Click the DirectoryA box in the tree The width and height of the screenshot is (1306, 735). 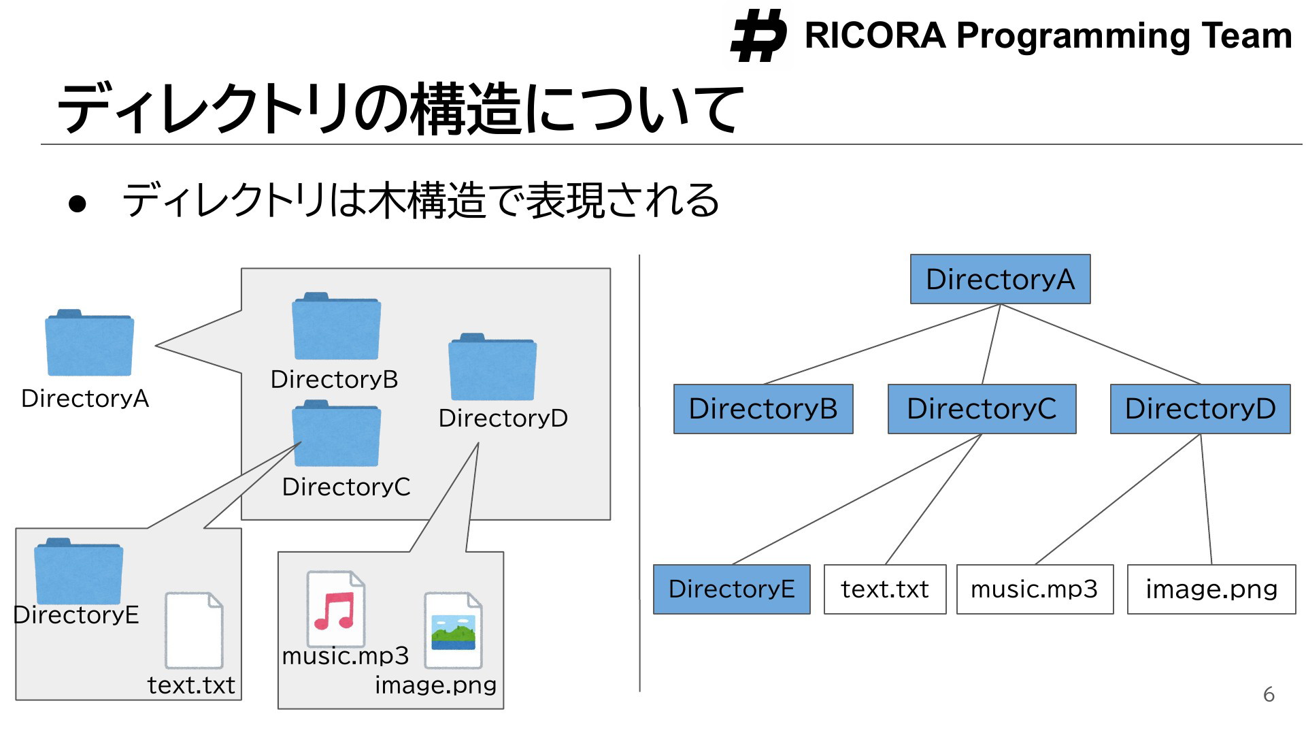(x=1000, y=279)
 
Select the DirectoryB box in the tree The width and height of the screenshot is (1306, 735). (x=763, y=409)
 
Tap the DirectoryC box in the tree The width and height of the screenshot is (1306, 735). (x=982, y=409)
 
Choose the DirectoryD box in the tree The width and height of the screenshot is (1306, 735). (x=1200, y=409)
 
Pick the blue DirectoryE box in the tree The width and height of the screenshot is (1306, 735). (x=731, y=589)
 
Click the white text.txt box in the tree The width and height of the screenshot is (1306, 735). (x=885, y=589)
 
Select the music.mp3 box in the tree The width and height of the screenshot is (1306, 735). (x=1035, y=589)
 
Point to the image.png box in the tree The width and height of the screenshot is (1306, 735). (x=1211, y=589)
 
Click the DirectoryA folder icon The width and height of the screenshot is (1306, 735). (x=89, y=343)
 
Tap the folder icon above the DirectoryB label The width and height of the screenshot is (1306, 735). (x=336, y=326)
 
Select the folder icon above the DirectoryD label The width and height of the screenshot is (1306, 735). (x=492, y=367)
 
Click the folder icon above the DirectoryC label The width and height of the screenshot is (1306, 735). (x=336, y=434)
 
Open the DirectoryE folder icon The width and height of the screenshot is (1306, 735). (x=78, y=572)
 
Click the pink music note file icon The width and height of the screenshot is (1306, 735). (x=335, y=609)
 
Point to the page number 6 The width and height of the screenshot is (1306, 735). (x=1269, y=694)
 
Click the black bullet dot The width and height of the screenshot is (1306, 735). (x=78, y=203)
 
